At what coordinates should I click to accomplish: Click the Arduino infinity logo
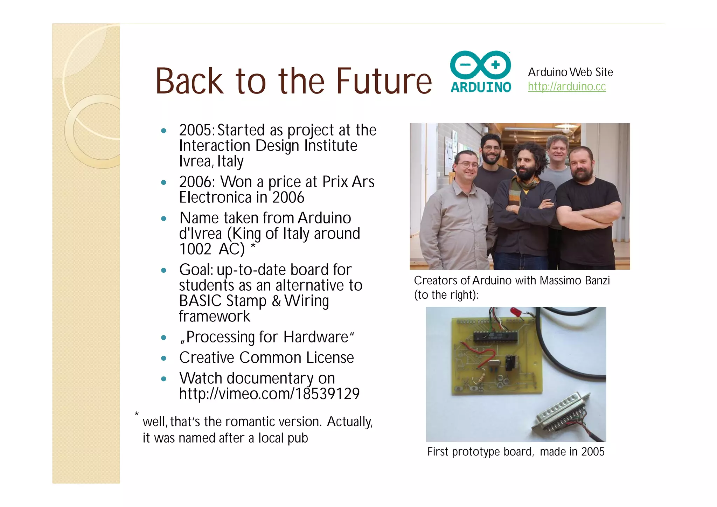[x=480, y=65]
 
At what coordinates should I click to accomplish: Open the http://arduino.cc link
[x=566, y=86]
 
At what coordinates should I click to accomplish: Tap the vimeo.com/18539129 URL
[x=269, y=394]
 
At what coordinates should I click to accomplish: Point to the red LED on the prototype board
[x=515, y=311]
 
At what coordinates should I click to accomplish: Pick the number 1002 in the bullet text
[x=195, y=249]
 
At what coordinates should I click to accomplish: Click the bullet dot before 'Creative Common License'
[x=163, y=358]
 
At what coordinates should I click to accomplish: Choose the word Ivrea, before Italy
[x=196, y=161]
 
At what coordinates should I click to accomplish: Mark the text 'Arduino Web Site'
[x=570, y=72]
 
